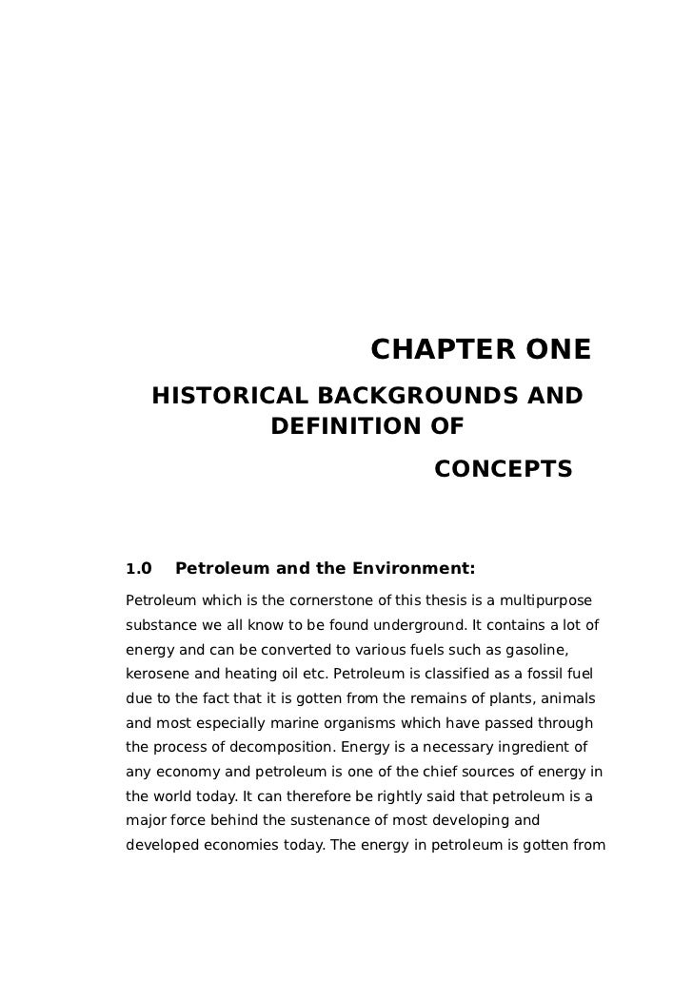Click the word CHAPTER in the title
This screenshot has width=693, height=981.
[428, 349]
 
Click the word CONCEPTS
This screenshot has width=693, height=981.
[503, 469]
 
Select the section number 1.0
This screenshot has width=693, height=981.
[139, 571]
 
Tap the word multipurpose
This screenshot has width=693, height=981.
[542, 602]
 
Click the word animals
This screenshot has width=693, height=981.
[566, 699]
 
